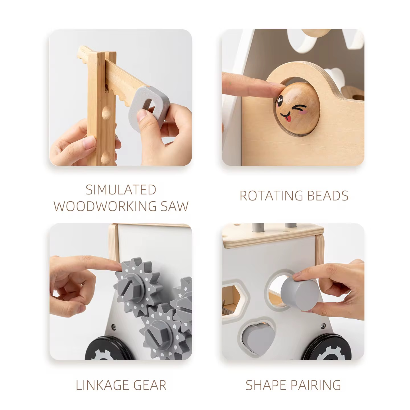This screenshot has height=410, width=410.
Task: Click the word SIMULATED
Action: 121,190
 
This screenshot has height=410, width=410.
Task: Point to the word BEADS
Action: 328,196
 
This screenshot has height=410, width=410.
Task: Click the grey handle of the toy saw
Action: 148,105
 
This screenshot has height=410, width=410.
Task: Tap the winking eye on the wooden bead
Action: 300,107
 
